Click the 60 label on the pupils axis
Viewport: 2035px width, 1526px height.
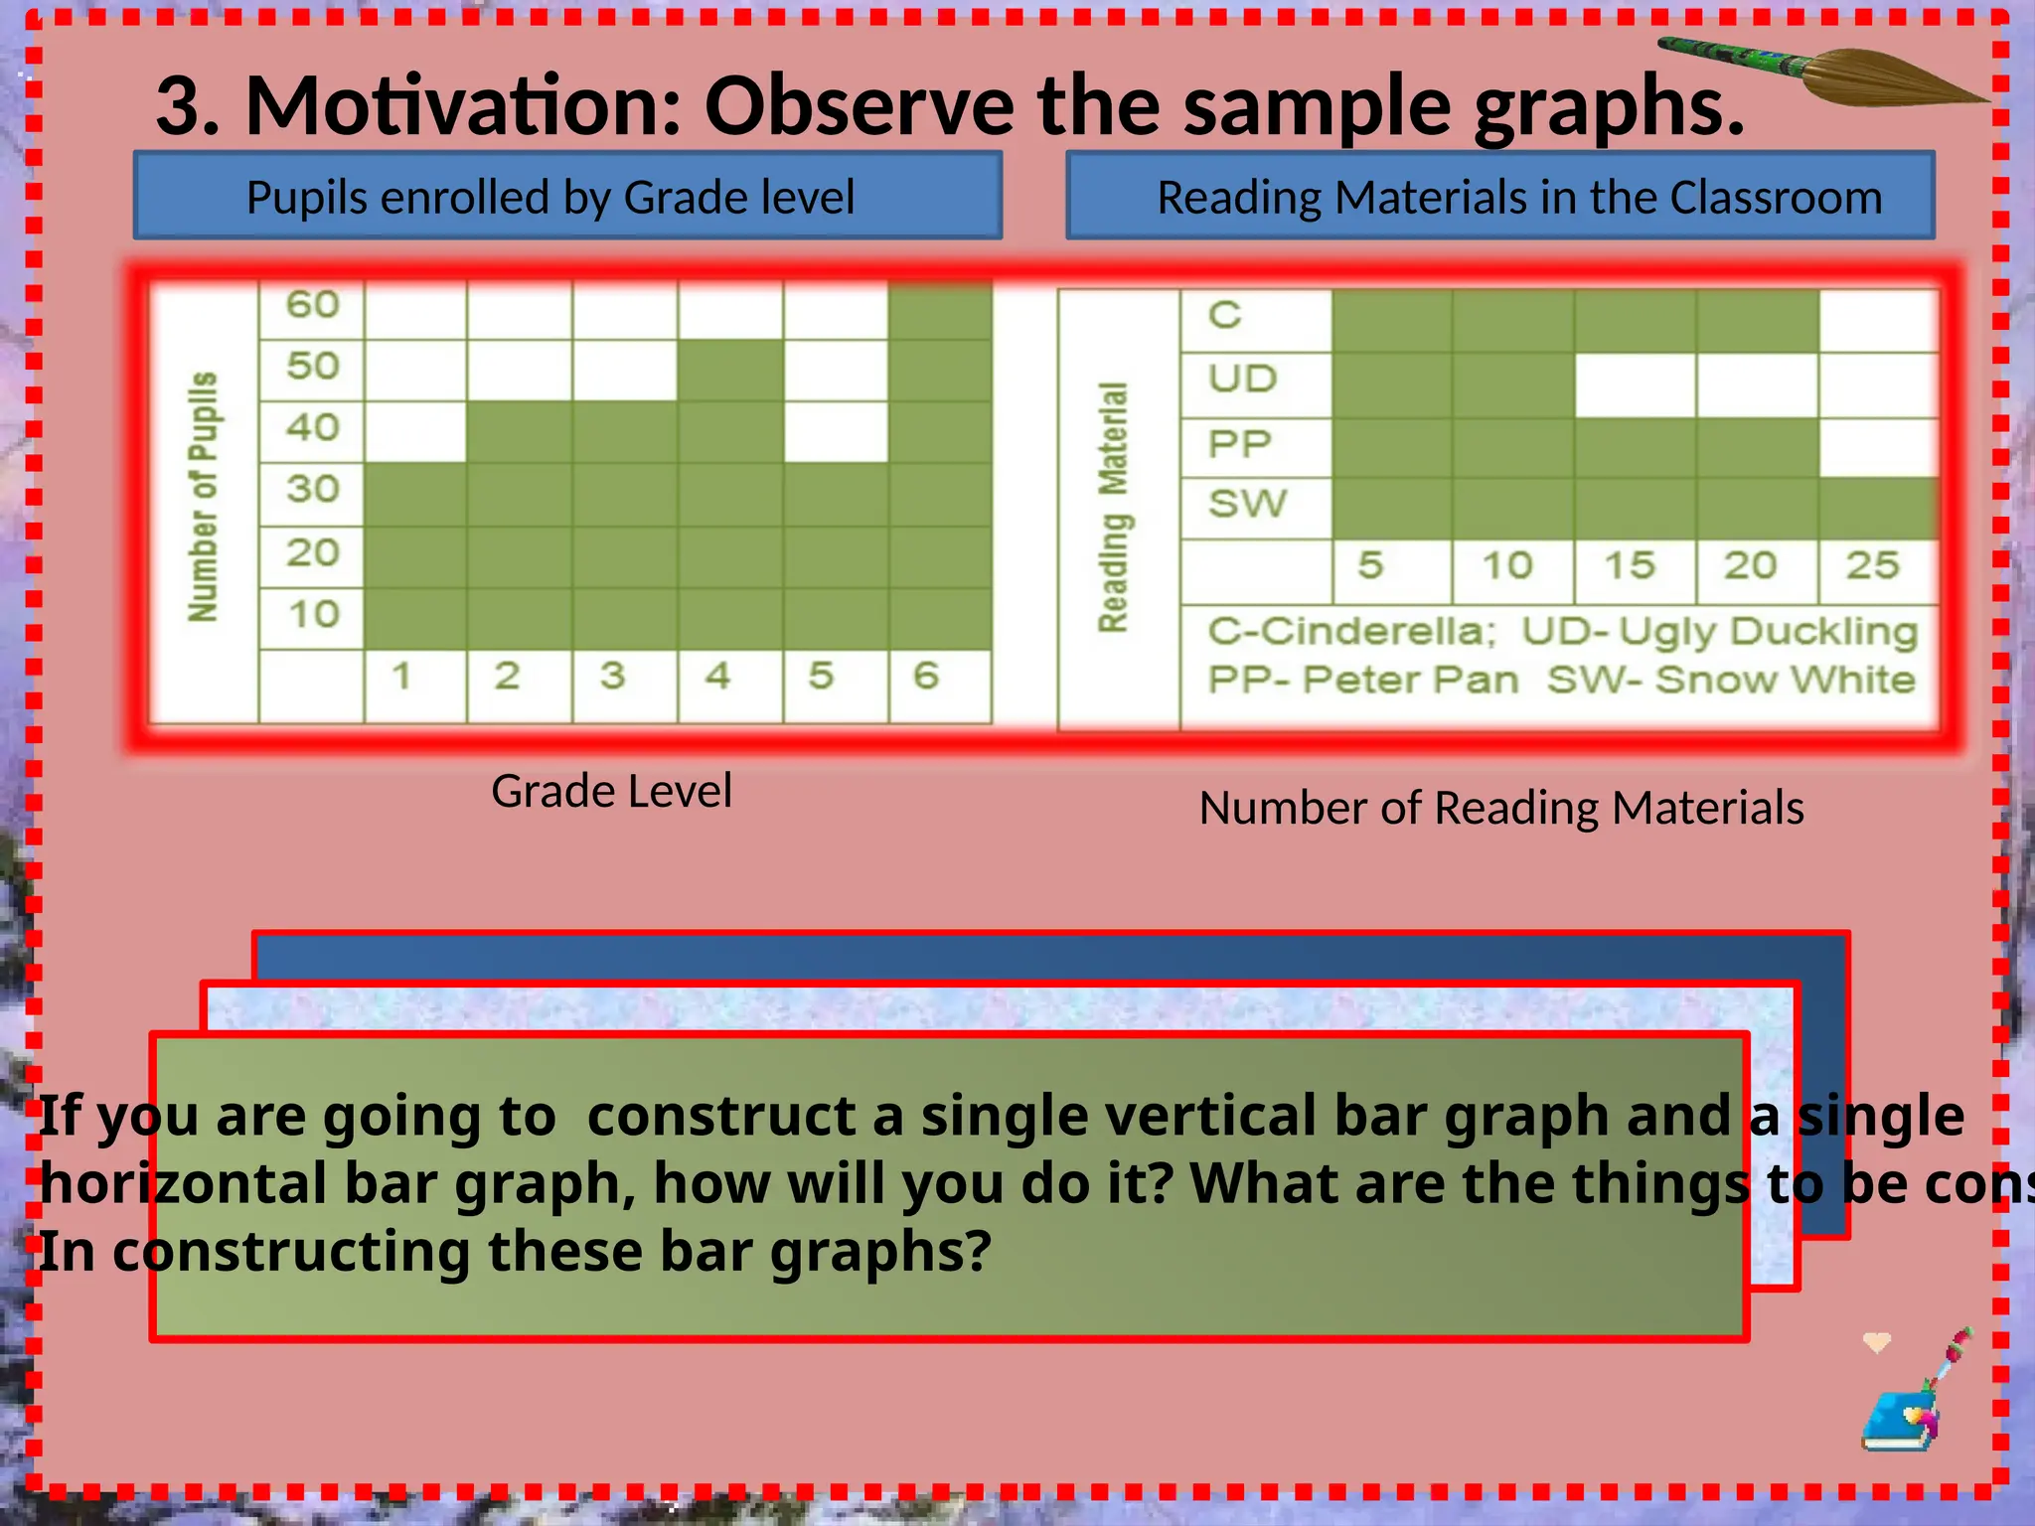pos(312,304)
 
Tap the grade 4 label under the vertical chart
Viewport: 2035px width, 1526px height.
pos(717,677)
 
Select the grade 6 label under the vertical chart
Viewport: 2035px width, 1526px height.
pos(926,677)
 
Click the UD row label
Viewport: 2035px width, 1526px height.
pos(1242,379)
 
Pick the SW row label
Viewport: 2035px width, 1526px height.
pos(1247,504)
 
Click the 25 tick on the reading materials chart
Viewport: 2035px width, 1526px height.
pos(1872,565)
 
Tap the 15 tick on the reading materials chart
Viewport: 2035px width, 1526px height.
pos(1630,565)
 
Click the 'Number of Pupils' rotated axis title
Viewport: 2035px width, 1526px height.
pos(203,497)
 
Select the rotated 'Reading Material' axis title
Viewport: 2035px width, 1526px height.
pos(1114,507)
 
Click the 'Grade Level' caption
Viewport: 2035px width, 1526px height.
pos(611,792)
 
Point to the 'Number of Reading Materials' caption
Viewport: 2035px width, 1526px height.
pos(1500,808)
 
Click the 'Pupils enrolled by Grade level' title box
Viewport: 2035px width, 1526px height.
pos(567,197)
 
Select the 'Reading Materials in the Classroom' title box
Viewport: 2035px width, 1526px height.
pos(1499,197)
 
